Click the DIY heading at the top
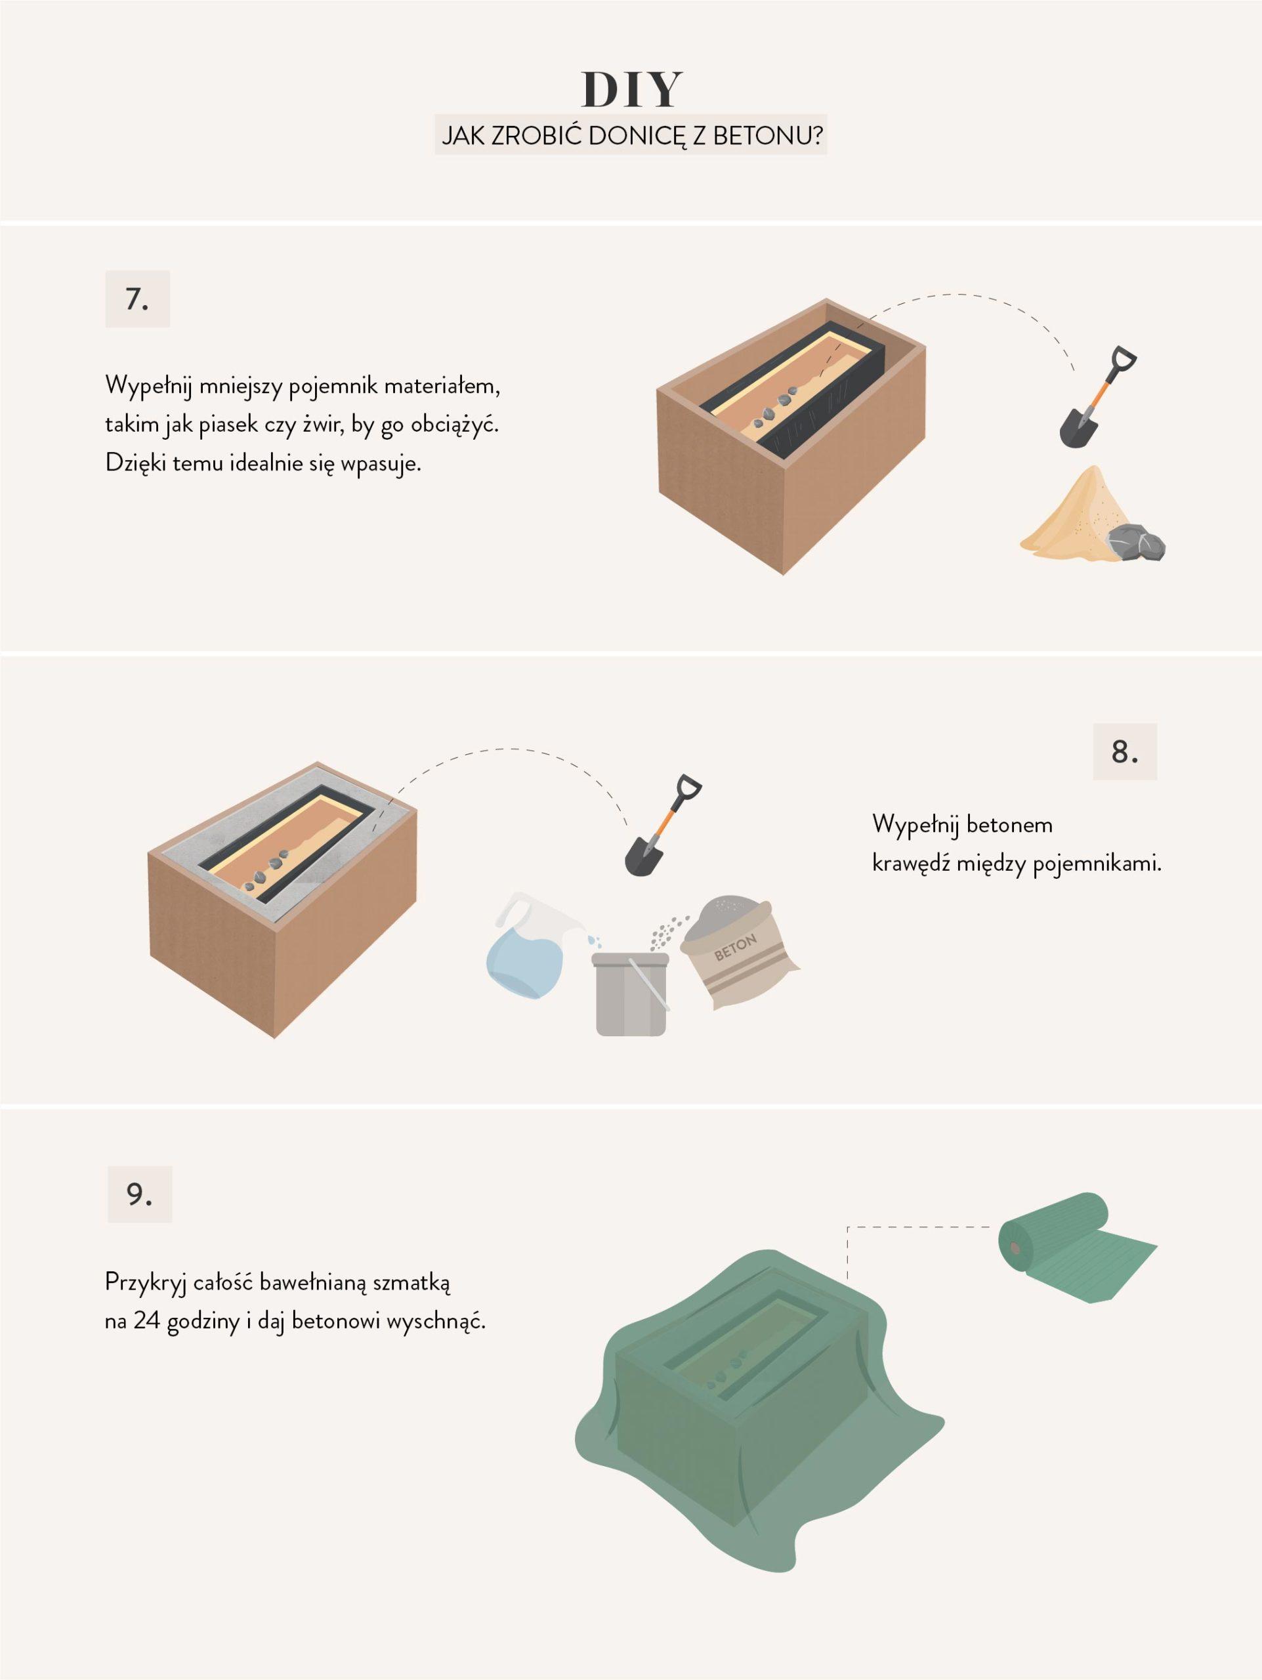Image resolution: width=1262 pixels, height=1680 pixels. pos(632,90)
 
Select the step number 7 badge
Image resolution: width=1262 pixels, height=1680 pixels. pos(137,299)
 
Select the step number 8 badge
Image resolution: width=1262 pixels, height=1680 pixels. pos(1125,751)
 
